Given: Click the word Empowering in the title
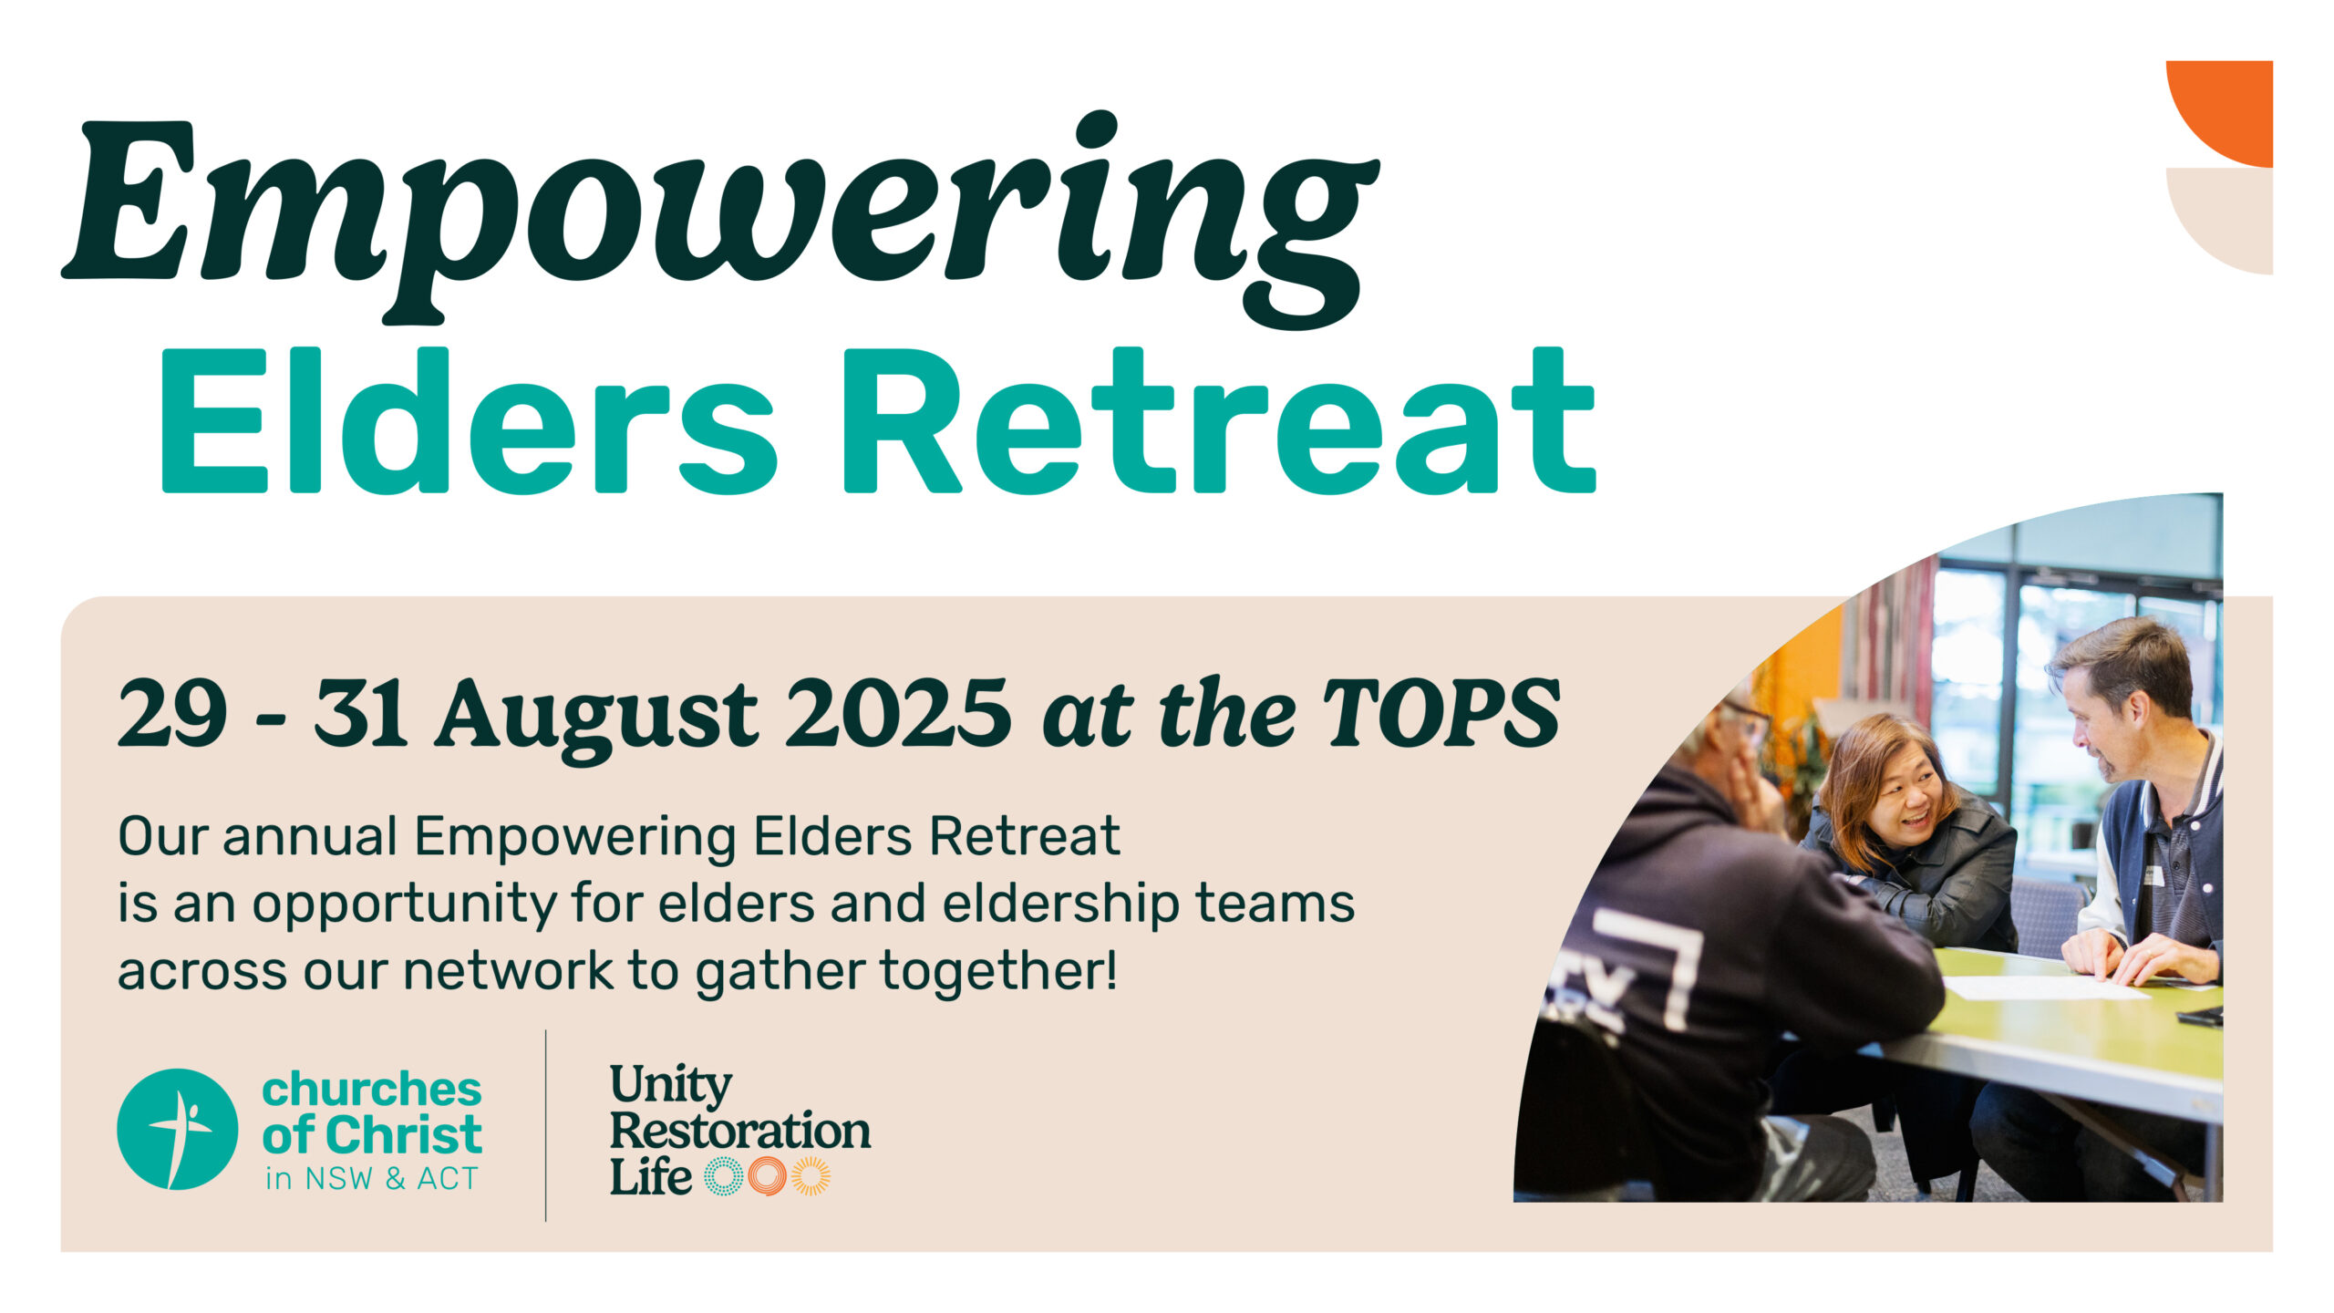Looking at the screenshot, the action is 720,219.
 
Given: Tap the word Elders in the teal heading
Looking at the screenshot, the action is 468,420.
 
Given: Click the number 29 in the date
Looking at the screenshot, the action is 172,714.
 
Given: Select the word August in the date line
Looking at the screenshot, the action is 596,720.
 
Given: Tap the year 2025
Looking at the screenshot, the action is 898,714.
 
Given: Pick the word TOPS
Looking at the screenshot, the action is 1442,714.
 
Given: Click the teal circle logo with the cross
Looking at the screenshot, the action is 178,1129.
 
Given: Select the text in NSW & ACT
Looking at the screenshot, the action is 372,1179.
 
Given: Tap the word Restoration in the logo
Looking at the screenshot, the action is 739,1131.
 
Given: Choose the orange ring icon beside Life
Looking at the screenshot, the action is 767,1176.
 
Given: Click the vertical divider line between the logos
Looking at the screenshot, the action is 546,1126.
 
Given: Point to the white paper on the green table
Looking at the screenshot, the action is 2042,987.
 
